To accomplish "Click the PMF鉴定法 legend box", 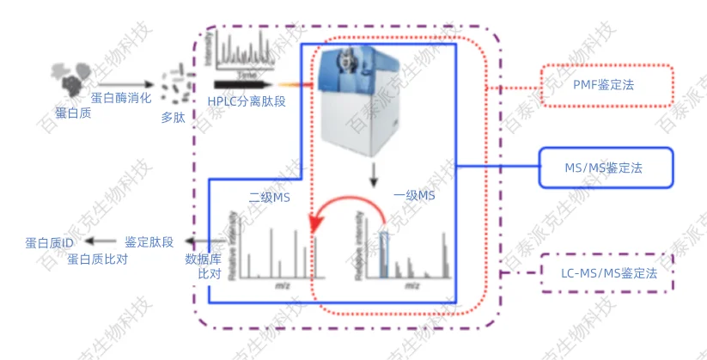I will (606, 86).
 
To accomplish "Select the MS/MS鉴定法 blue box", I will (606, 168).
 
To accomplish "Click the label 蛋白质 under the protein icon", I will (73, 113).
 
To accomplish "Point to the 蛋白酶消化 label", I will (121, 98).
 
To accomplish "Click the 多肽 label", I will (173, 118).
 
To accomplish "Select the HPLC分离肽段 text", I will (247, 101).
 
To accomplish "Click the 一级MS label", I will (414, 196).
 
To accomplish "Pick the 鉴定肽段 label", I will (149, 242).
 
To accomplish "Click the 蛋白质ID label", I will (50, 243).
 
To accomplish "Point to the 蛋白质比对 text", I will (97, 258).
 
